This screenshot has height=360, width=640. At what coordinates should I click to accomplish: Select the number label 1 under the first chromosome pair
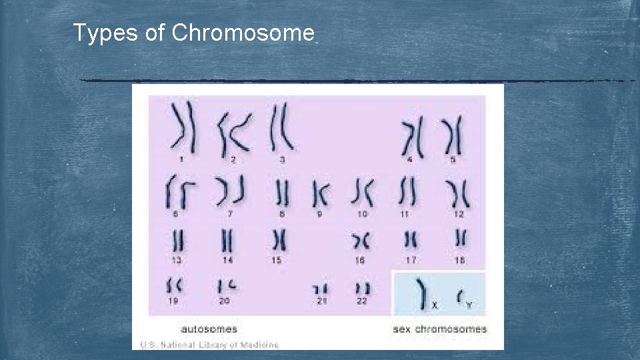[181, 159]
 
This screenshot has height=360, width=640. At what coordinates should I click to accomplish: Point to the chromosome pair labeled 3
[281, 126]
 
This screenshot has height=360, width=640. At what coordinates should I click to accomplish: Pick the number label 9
[320, 214]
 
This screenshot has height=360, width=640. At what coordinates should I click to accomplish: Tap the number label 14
[228, 260]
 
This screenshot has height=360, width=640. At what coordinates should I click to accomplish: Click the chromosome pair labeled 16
[361, 240]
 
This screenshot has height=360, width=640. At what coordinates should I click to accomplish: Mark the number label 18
[460, 260]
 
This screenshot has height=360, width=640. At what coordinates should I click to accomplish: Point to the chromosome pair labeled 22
[363, 289]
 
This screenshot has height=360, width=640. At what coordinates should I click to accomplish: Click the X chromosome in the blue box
[421, 293]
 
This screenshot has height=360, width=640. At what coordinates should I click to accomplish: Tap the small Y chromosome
[459, 296]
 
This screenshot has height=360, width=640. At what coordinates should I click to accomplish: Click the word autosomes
[209, 329]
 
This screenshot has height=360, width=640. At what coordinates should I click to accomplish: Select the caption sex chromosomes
[440, 329]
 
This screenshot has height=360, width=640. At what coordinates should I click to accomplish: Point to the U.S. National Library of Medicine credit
[209, 345]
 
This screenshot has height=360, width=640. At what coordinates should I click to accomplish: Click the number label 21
[321, 301]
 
